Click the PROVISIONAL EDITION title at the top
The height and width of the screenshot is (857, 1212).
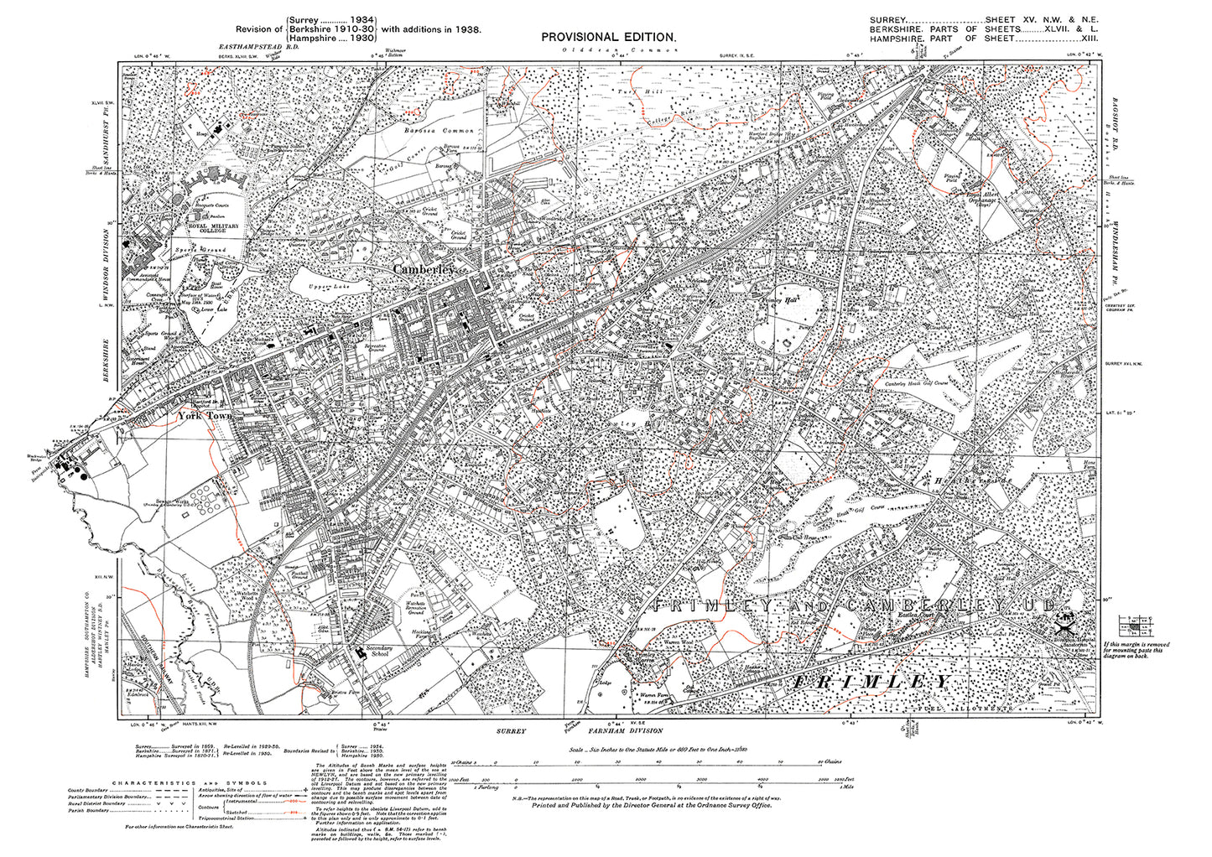pos(607,37)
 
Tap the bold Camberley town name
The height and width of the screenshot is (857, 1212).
pos(424,270)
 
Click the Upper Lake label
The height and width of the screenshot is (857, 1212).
pos(315,288)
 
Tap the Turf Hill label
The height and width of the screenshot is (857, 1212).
pos(630,91)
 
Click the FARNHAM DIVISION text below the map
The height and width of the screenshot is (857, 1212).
pos(628,730)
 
